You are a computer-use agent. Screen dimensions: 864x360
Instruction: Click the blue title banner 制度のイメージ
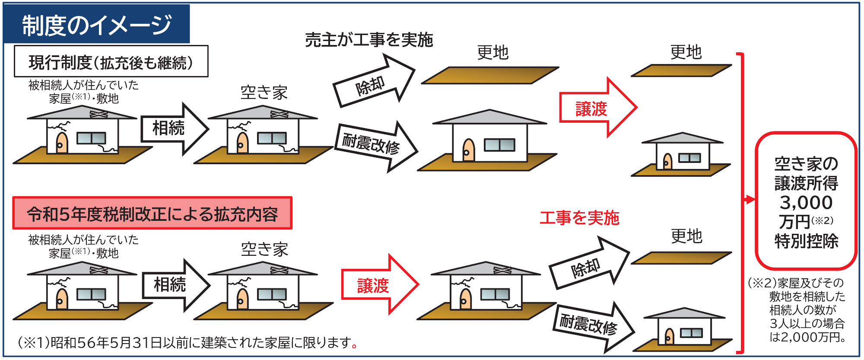pos(97,24)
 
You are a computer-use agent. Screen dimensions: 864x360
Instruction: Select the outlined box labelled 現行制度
pos(111,61)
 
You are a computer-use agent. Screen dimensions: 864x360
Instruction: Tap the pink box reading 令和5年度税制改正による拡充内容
pos(152,213)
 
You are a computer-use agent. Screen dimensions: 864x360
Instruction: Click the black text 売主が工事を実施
pos(369,40)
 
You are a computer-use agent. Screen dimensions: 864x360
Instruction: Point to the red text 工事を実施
pos(579,218)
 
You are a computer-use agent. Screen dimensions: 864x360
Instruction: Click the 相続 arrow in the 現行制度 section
pos(175,129)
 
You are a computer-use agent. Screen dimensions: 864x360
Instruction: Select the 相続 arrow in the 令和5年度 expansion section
pos(176,285)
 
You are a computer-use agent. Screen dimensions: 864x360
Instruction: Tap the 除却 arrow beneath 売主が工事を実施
pos(374,81)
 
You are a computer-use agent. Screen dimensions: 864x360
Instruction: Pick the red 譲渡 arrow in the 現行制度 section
pos(598,108)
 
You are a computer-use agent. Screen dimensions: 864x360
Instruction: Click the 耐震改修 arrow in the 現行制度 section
pos(377,147)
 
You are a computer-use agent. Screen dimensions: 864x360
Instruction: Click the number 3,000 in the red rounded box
pos(806,202)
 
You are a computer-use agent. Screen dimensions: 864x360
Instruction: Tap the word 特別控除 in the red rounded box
pos(806,241)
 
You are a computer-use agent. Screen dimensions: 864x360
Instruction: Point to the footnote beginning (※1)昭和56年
pos(188,343)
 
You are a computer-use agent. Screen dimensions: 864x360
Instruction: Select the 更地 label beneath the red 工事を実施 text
pos(686,236)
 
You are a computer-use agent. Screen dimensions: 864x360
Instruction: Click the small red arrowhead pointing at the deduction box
pos(750,200)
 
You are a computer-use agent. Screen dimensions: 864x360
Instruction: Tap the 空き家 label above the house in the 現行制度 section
pos(264,92)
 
